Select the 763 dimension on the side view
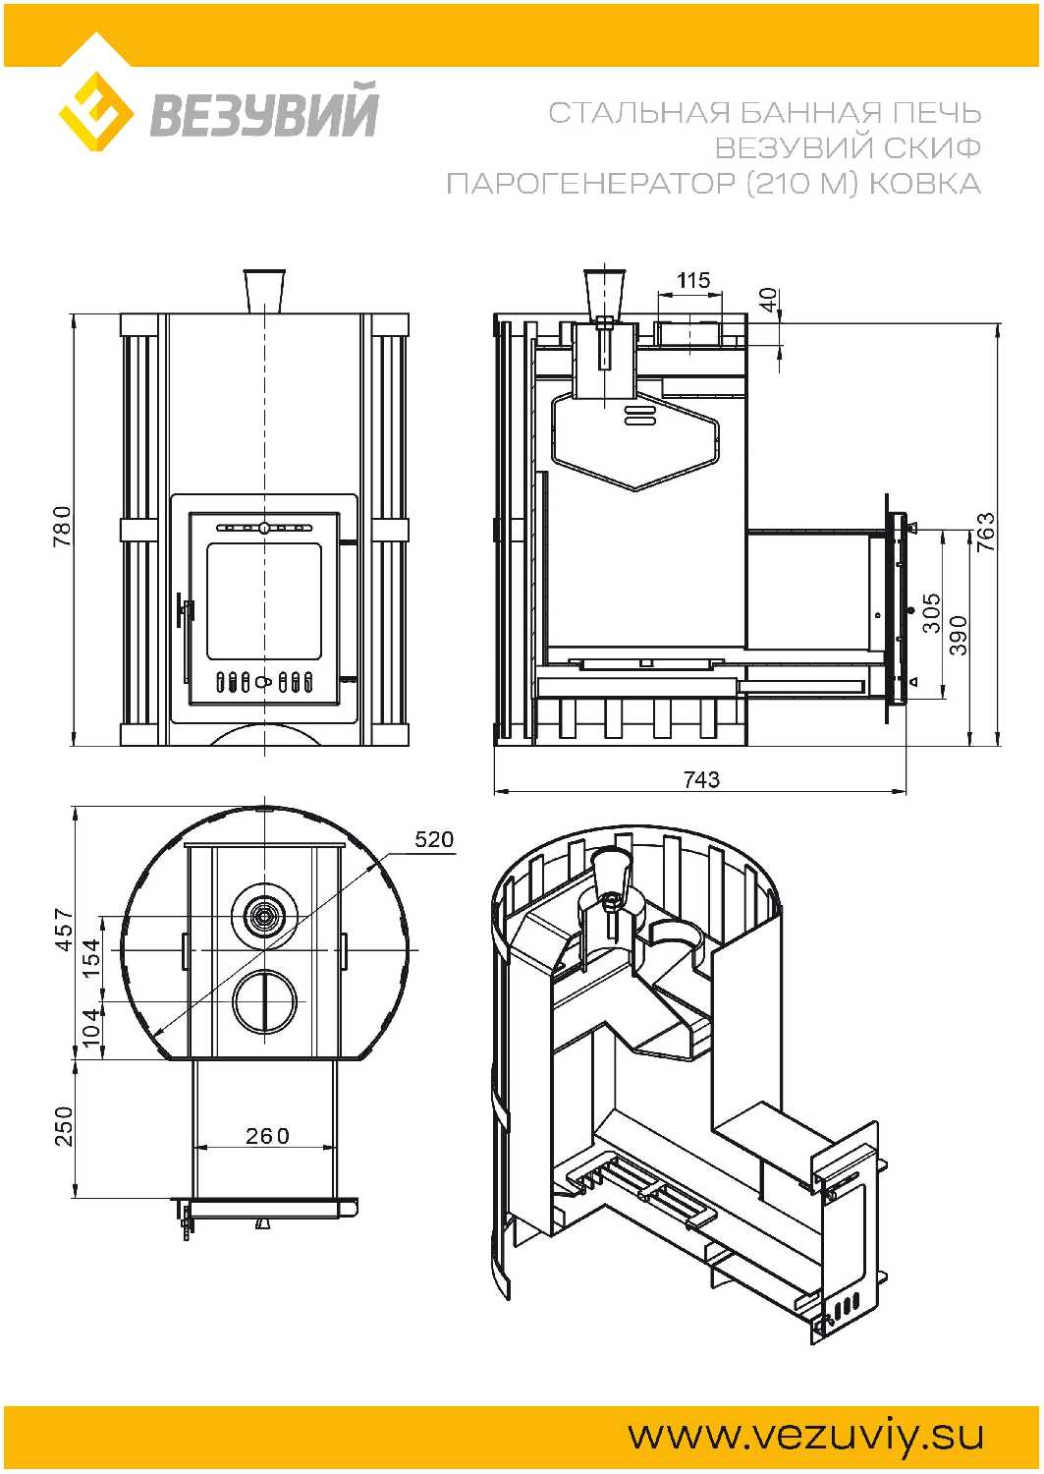[985, 532]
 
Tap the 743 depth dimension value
[701, 779]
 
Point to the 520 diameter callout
[434, 839]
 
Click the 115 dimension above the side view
[692, 280]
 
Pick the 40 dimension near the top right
[768, 299]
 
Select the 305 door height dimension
[931, 612]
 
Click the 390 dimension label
[959, 635]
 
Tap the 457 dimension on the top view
[64, 929]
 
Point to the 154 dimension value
[91, 957]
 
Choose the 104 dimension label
[91, 1028]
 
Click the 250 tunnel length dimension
[64, 1126]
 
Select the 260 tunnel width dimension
[267, 1136]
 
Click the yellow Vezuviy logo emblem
[95, 111]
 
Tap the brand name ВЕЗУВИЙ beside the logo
[263, 112]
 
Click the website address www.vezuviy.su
[805, 1436]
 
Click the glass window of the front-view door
[263, 599]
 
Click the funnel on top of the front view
[264, 291]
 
